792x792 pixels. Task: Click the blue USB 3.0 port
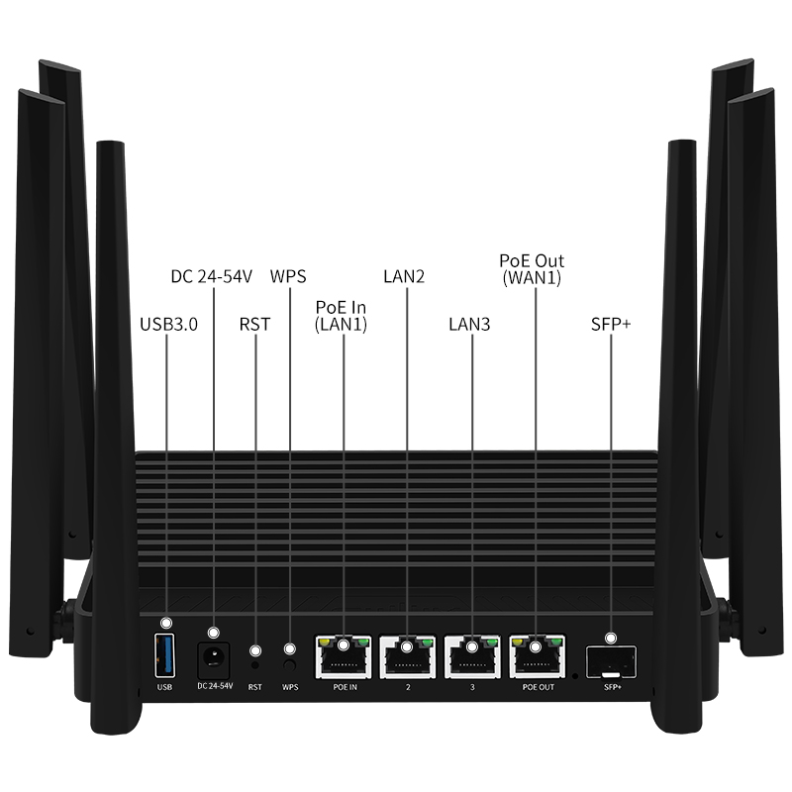[164, 655]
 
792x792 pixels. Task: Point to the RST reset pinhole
[255, 665]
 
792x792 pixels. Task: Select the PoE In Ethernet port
[344, 656]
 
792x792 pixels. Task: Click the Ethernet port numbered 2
[408, 656]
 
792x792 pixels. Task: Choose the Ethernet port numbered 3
[473, 656]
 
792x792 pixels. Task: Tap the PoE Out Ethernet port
[538, 656]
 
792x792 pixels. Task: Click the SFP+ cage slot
[611, 662]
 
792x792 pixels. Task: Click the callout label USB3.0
[168, 325]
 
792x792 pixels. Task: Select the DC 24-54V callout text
[211, 277]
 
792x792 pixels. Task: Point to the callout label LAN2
[404, 276]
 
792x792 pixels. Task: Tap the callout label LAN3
[469, 325]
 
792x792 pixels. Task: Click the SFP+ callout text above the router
[611, 325]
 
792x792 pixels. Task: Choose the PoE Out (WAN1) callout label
[532, 269]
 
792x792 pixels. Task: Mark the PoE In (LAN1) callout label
[341, 316]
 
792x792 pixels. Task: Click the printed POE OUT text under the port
[539, 687]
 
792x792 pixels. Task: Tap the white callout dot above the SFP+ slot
[611, 639]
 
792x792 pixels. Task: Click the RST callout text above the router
[255, 325]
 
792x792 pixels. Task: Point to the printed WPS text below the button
[290, 687]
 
